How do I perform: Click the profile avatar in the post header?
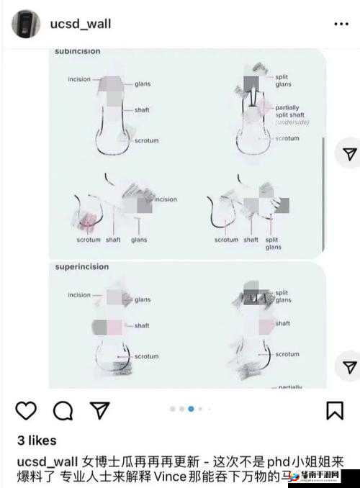26,24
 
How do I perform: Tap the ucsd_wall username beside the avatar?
80,24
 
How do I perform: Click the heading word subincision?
78,51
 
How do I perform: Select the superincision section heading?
82,267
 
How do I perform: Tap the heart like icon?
26,410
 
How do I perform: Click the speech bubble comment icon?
63,410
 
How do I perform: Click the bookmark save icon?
334,410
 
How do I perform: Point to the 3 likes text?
36,440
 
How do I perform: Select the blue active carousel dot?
191,409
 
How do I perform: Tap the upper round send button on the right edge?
349,154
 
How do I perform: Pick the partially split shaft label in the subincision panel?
287,112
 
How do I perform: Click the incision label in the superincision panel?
79,294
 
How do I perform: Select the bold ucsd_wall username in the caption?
46,459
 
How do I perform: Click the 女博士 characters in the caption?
99,459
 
